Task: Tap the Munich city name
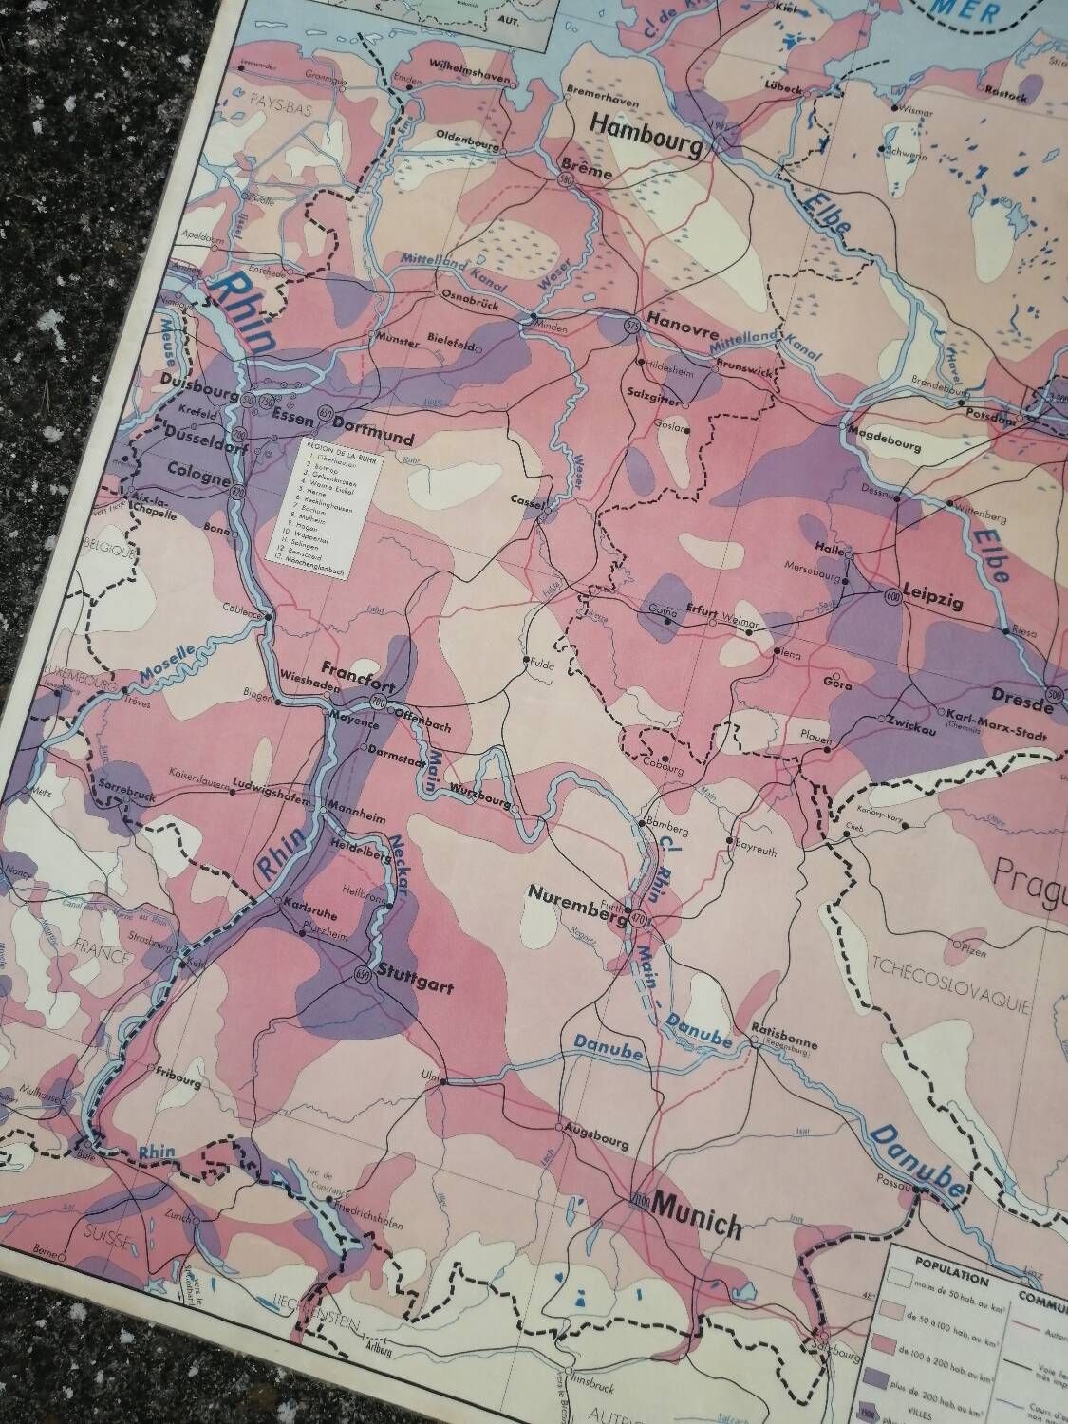coord(696,1224)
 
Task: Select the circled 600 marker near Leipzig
coord(890,596)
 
